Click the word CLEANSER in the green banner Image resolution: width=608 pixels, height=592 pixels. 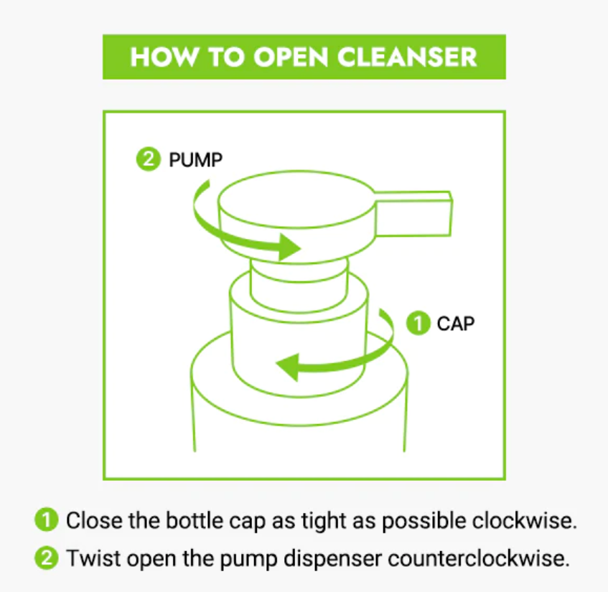[407, 57]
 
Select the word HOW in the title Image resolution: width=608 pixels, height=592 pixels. [164, 57]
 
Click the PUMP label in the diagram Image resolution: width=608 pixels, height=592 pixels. [195, 160]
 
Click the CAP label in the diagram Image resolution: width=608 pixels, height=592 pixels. [456, 324]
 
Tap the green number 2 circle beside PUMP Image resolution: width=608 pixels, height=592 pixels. [148, 159]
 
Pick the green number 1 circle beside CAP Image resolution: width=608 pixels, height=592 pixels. [418, 323]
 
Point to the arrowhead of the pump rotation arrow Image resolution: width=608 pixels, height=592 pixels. [289, 247]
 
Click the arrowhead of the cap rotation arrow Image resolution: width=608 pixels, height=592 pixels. [287, 367]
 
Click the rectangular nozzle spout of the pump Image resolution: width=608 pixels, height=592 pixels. [413, 213]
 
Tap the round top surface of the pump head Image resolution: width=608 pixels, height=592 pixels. [296, 199]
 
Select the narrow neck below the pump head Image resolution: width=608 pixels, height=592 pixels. [299, 285]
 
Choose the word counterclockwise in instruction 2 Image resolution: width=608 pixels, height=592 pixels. [479, 558]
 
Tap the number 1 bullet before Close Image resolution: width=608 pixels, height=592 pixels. [47, 520]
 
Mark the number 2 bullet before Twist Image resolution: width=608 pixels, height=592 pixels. [47, 558]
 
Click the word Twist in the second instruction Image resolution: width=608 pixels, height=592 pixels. [93, 558]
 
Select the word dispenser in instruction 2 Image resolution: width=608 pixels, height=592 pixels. [332, 559]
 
